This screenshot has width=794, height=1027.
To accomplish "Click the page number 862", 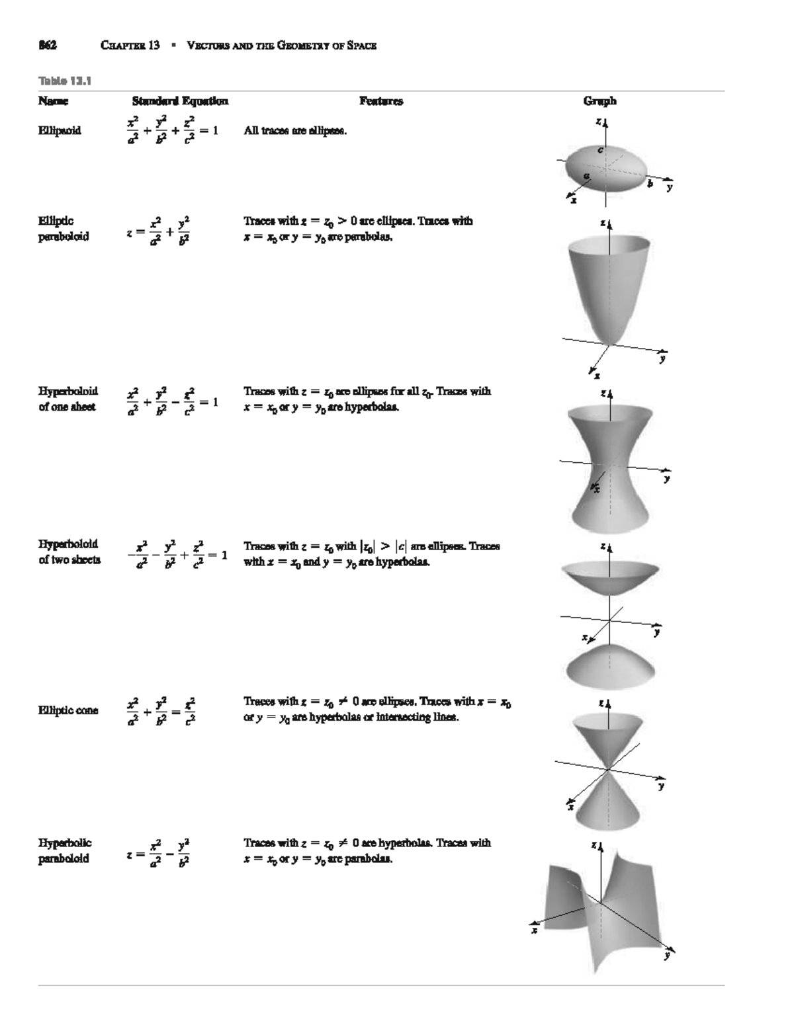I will tap(47, 46).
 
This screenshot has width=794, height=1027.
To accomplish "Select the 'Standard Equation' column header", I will tap(180, 101).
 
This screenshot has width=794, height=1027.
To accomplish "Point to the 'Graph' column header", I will tap(599, 101).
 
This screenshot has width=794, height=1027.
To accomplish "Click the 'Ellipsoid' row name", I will tap(60, 130).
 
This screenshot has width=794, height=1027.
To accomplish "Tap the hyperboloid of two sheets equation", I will tap(177, 554).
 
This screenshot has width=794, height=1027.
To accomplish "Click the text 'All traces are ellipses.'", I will tap(295, 130).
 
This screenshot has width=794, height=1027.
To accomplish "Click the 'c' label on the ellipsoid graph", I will tap(600, 150).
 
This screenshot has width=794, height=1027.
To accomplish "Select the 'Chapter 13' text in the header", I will tap(130, 46).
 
